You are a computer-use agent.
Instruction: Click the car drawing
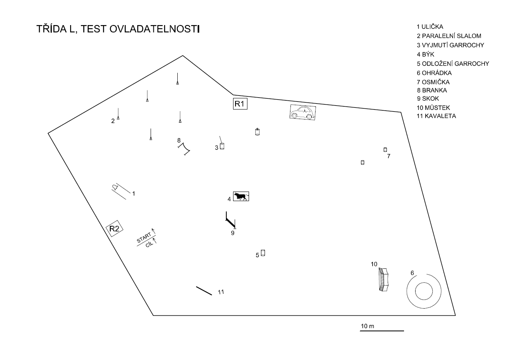(302, 112)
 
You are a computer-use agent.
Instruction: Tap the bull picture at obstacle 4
(241, 196)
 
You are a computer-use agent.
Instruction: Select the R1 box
(240, 104)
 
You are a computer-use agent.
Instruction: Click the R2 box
(114, 229)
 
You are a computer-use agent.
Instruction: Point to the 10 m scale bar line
(382, 331)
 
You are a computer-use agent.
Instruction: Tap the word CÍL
(149, 245)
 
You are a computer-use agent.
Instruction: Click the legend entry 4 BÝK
(426, 55)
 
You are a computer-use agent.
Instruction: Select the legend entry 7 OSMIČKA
(433, 82)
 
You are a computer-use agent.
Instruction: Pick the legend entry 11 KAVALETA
(436, 116)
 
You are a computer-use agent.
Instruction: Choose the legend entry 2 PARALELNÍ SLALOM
(449, 36)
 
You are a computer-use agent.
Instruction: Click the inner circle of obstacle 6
(424, 283)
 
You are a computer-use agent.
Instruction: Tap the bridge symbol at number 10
(383, 280)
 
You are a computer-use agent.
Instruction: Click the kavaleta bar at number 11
(204, 291)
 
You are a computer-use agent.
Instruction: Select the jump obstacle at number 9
(230, 220)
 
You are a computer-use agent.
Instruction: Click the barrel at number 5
(263, 253)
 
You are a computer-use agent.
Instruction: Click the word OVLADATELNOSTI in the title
(154, 29)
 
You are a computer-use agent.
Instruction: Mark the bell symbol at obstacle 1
(115, 187)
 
